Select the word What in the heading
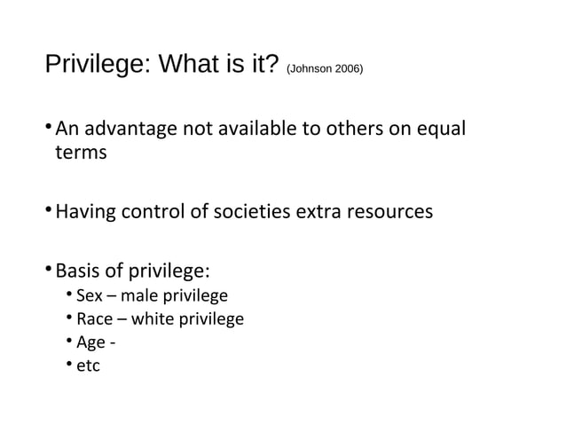pos(190,65)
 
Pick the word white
pos(152,318)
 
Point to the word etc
pos(88,365)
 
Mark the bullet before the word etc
pos(68,365)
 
